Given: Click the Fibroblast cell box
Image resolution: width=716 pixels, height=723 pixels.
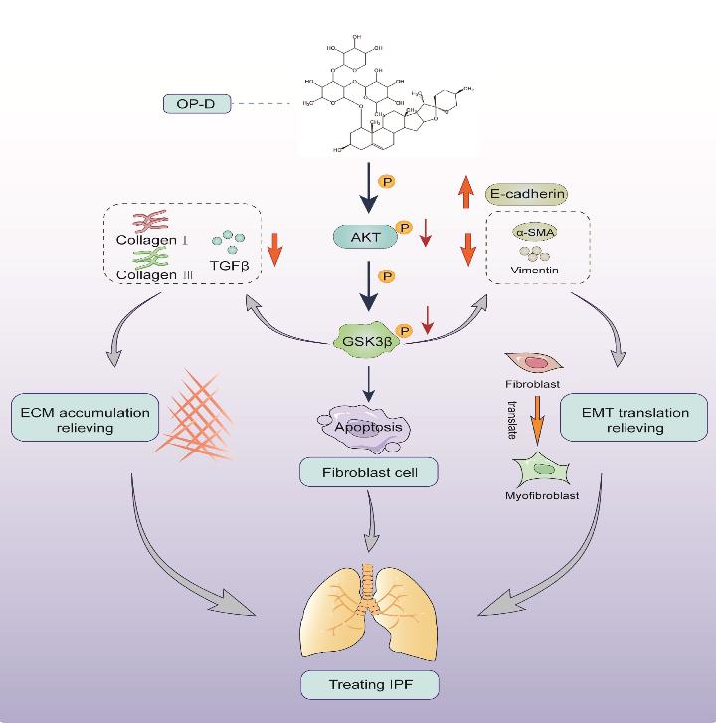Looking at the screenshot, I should pyautogui.click(x=369, y=472).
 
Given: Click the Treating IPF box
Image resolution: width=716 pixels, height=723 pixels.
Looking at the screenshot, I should pyautogui.click(x=369, y=685).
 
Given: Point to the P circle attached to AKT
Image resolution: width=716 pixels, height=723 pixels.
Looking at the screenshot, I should pyautogui.click(x=404, y=228).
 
